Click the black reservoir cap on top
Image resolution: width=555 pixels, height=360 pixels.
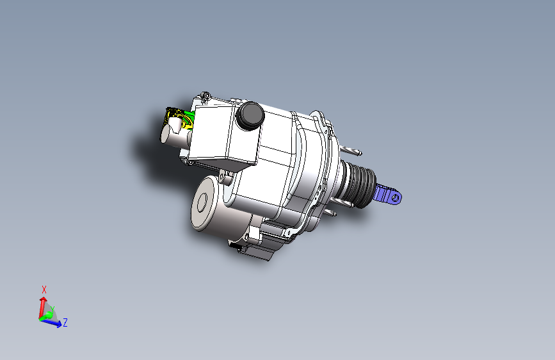tap(250, 115)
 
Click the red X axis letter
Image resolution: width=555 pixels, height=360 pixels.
tap(44, 289)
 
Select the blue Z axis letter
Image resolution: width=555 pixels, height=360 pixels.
tap(65, 323)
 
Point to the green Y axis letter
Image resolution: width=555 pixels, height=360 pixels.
tap(52, 308)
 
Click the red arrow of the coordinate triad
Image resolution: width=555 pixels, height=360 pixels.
tap(43, 304)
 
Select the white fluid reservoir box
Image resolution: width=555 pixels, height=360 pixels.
tap(218, 135)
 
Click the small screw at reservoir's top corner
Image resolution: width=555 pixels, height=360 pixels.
tap(204, 96)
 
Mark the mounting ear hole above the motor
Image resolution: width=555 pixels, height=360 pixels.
tap(222, 175)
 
